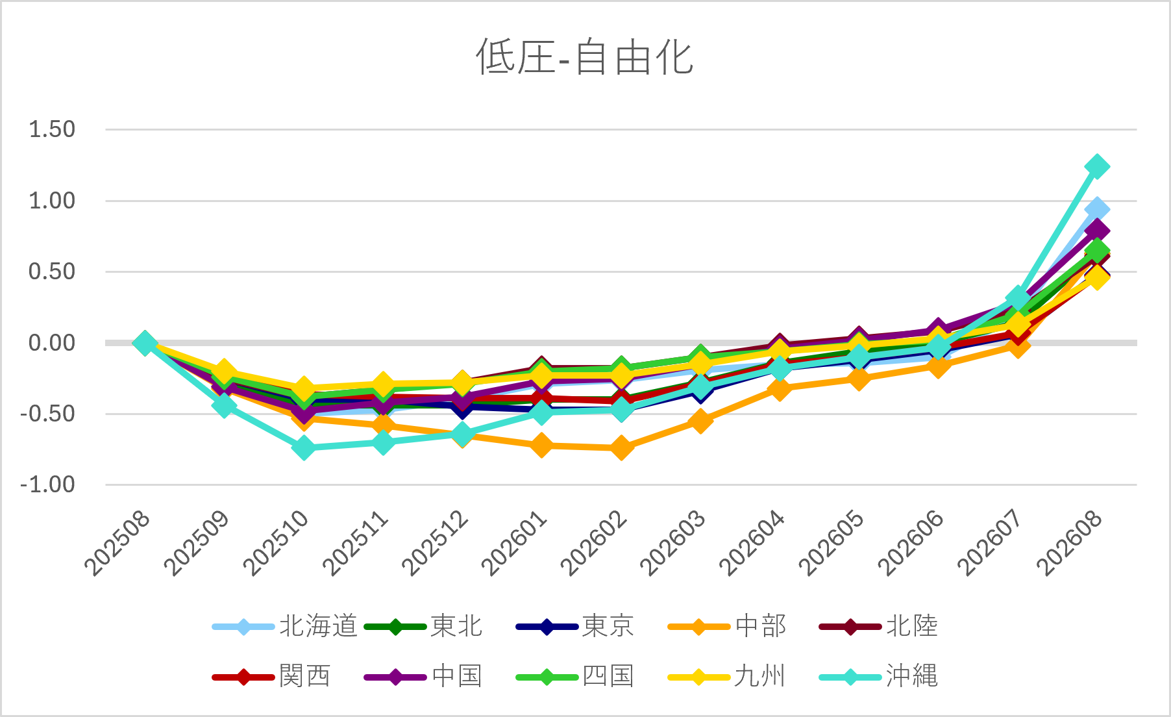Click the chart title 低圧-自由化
tap(585, 57)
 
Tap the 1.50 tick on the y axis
tap(52, 129)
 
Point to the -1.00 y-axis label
tap(47, 484)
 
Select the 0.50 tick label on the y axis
tap(52, 271)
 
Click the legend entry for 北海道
tap(285, 626)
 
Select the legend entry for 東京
tap(575, 626)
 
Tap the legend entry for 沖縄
tap(879, 676)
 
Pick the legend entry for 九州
tap(727, 676)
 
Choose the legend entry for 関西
tap(272, 676)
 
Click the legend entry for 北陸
tap(879, 626)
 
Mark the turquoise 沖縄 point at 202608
tap(1097, 166)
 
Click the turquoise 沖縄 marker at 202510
tap(304, 447)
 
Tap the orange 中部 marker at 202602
tap(621, 447)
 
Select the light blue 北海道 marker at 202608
tap(1097, 209)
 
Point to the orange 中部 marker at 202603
tap(700, 420)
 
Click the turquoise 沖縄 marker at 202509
tap(224, 406)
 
